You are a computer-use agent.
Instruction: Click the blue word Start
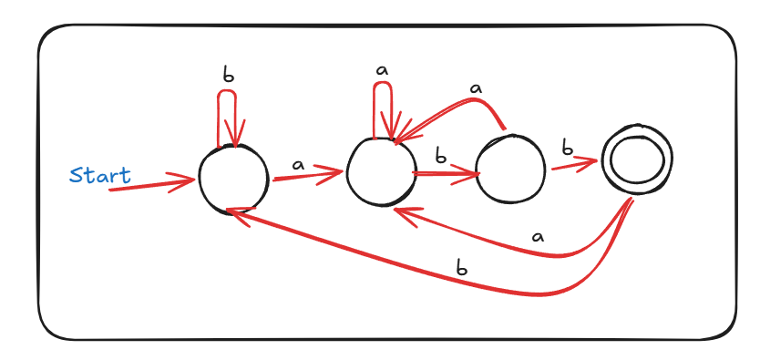pos(100,175)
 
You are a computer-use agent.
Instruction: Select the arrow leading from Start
pos(151,184)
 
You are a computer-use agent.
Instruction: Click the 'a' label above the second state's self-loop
pos(383,70)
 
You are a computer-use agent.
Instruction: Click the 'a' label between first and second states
pos(298,165)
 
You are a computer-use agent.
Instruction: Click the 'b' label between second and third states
pos(440,157)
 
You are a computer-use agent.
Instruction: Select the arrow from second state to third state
pos(446,173)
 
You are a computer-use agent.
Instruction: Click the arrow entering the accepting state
pos(574,165)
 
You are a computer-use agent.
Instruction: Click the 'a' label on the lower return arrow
pos(537,237)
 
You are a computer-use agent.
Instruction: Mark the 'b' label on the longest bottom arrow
pos(462,268)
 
